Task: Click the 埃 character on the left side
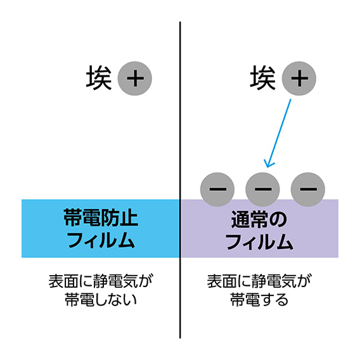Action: pos(99,77)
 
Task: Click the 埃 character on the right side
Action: pos(263,77)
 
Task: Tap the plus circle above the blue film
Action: pos(135,79)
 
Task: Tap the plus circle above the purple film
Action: pos(299,79)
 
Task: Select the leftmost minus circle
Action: pos(217,190)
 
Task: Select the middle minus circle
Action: pos(262,190)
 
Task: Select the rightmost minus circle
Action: pos(308,190)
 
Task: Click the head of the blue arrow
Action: pos(267,167)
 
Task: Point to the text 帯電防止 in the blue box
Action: pos(101,217)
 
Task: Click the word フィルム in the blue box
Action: pos(101,240)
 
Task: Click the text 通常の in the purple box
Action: pos(259,219)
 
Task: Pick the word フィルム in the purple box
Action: pos(259,241)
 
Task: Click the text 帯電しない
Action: pos(101,300)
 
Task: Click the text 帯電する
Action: pos(259,300)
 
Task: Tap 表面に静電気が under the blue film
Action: pos(101,281)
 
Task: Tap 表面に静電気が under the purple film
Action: pos(259,281)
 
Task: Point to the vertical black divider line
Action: pos(180,180)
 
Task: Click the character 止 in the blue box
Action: pos(129,217)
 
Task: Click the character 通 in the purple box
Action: pos(240,219)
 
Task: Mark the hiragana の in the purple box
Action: pos(278,220)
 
